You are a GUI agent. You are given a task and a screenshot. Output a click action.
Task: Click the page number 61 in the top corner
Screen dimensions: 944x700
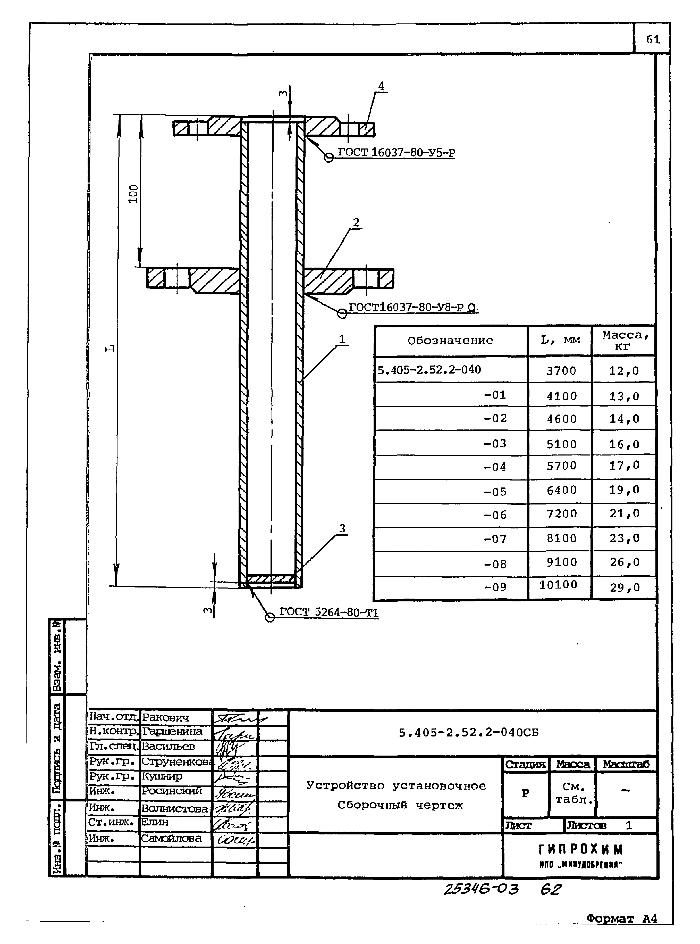(653, 39)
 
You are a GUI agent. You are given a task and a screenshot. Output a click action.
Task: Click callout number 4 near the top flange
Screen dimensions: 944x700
(381, 86)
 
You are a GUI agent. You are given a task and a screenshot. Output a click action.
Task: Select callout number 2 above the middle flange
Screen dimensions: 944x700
(356, 222)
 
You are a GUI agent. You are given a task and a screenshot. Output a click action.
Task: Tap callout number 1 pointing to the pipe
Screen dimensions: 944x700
(342, 339)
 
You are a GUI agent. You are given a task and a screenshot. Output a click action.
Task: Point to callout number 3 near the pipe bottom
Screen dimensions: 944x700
(342, 528)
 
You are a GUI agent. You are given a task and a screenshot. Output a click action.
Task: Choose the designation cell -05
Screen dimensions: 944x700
(495, 492)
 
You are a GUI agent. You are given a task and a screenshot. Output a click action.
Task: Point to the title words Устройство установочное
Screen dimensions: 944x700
(396, 786)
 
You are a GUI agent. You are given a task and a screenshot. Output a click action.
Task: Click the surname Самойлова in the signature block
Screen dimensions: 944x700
(171, 838)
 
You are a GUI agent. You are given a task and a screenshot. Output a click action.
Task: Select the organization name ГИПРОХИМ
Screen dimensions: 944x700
(580, 849)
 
